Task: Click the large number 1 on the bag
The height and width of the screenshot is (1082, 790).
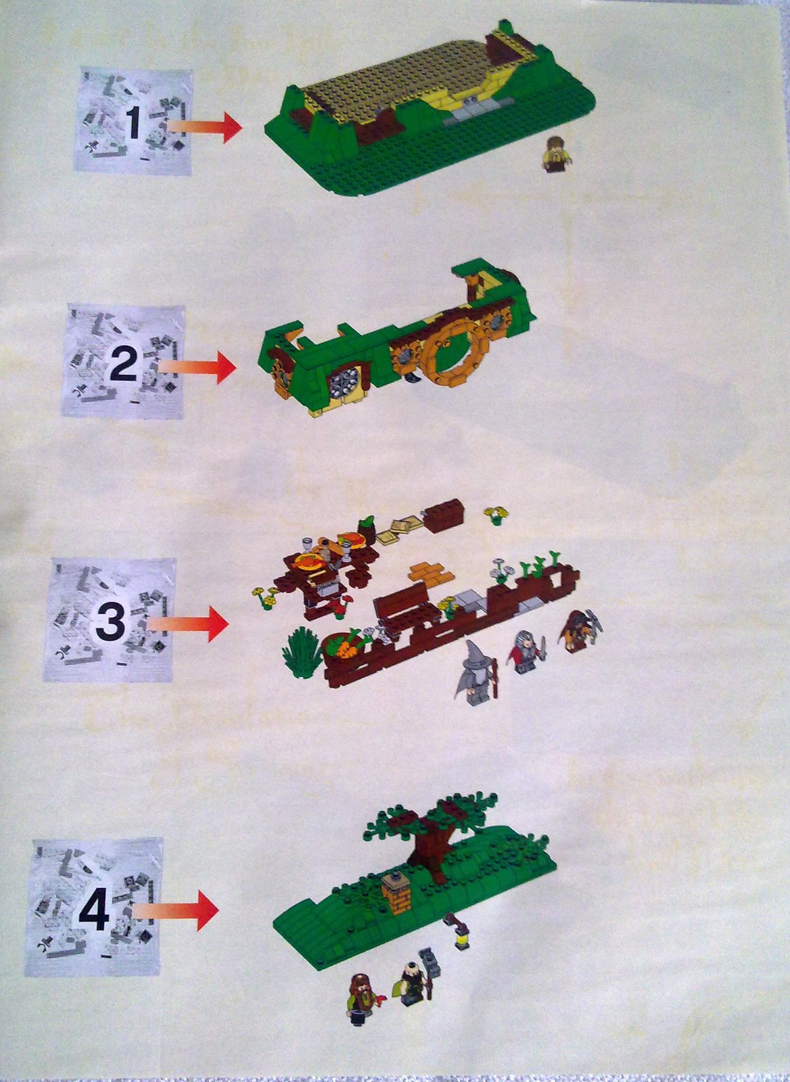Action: (133, 124)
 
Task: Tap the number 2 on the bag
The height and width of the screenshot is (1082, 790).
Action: (123, 365)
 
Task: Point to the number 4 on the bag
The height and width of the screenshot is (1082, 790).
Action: (94, 910)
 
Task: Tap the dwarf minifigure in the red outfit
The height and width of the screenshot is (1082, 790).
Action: (523, 651)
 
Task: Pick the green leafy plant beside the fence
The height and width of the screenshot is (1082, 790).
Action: (302, 651)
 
